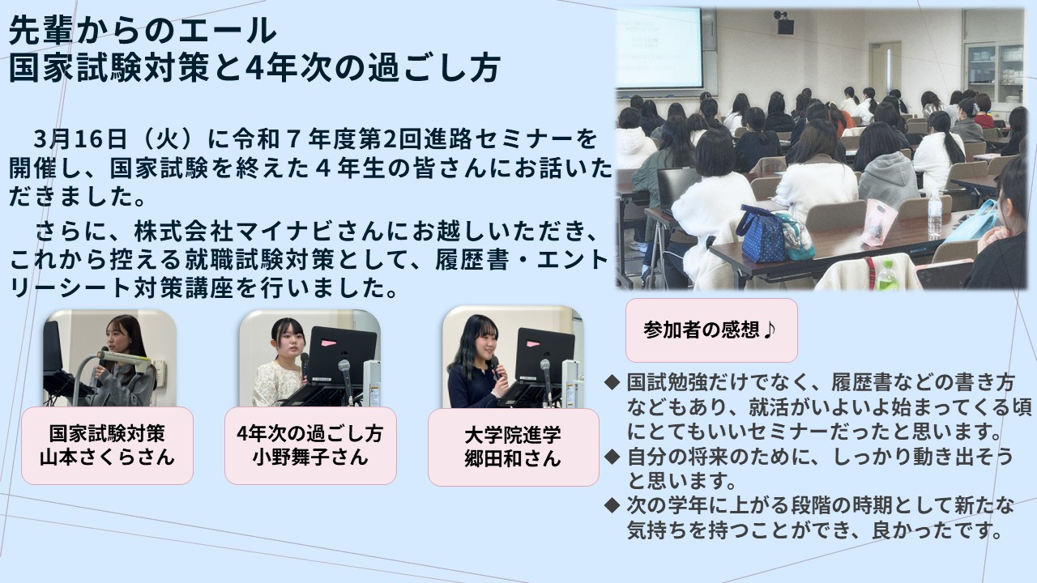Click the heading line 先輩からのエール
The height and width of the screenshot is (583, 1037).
(x=143, y=31)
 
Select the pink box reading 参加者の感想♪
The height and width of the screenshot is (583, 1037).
(x=711, y=330)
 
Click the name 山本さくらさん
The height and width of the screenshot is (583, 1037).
(x=107, y=457)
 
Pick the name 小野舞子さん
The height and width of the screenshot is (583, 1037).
(x=310, y=457)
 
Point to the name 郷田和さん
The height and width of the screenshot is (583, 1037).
(x=513, y=458)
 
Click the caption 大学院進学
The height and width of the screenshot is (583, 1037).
(x=513, y=435)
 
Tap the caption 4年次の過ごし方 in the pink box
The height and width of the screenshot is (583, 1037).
(x=310, y=434)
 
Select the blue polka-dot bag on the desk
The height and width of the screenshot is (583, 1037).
(x=762, y=235)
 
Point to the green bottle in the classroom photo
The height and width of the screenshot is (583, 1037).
(x=887, y=275)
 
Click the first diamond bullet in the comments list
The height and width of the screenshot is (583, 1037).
(x=612, y=382)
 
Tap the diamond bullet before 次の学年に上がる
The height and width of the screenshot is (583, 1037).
(x=612, y=505)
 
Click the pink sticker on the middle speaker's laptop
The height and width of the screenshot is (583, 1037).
(x=329, y=343)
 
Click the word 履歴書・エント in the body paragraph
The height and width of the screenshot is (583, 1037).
(x=521, y=261)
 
